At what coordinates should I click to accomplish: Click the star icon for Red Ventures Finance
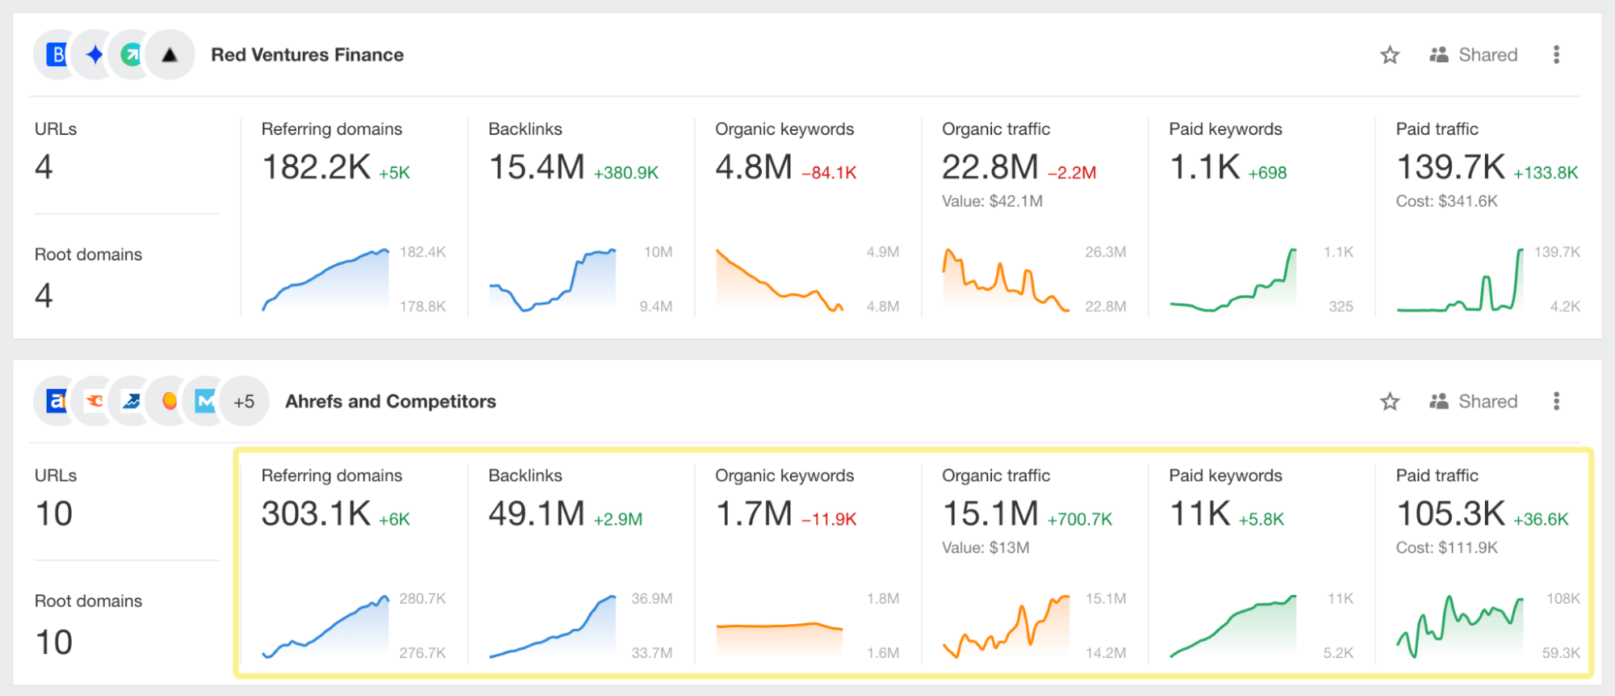(1390, 55)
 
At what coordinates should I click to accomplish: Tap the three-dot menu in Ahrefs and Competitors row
(1556, 401)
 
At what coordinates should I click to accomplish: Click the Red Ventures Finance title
(307, 55)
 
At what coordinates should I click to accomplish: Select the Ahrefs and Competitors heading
(390, 402)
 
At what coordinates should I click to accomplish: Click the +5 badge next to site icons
(244, 402)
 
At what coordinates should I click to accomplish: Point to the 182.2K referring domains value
(316, 167)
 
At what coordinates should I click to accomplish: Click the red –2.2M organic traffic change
(1071, 173)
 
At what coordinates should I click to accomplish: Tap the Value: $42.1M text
(992, 201)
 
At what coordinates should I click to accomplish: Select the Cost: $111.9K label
(1446, 548)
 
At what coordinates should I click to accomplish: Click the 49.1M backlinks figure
(536, 514)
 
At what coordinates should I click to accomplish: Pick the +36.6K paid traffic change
(1540, 520)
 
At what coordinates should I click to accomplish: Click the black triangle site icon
(170, 55)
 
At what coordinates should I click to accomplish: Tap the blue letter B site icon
(57, 55)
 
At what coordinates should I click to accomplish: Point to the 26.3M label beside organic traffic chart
(1105, 252)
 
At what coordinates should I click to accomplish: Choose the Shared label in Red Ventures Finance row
(1487, 55)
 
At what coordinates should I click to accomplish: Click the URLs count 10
(54, 514)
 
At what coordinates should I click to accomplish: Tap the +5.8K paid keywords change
(1260, 520)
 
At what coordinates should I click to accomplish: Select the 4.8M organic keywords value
(753, 167)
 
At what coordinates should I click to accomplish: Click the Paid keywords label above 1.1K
(1225, 129)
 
